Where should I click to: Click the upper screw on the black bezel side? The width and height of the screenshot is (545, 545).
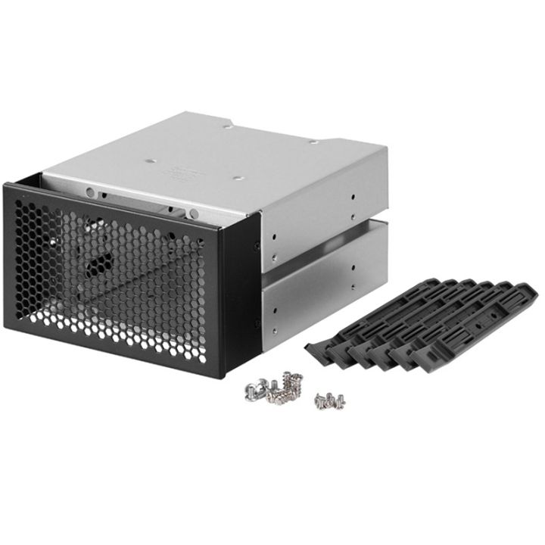pos(257,245)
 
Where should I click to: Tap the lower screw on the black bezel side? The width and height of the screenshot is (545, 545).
pos(257,323)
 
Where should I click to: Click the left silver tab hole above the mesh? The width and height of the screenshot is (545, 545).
pos(92,192)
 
